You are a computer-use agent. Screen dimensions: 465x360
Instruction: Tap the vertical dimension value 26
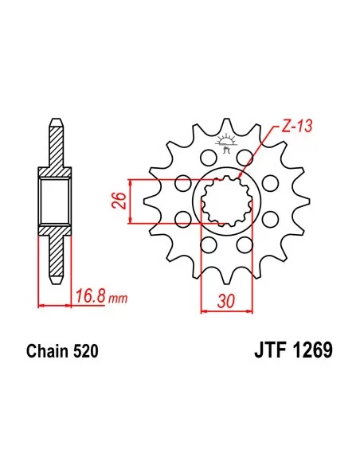tap(116, 200)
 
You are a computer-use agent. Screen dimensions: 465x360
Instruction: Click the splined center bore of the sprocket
tap(225, 200)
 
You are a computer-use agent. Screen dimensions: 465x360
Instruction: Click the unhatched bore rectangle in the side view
tap(54, 201)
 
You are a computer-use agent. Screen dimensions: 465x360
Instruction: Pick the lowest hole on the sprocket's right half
tap(246, 244)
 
